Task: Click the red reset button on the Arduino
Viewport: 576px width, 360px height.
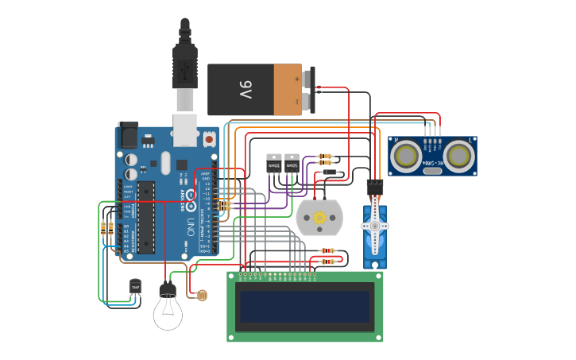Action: (x=209, y=138)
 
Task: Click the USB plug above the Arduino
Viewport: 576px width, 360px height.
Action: (x=184, y=68)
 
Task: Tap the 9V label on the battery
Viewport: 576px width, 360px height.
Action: (x=245, y=90)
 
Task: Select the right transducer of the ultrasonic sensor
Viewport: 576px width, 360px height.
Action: (x=459, y=155)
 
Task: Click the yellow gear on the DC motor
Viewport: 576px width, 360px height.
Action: (x=319, y=217)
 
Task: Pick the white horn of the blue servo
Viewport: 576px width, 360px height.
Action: (x=374, y=226)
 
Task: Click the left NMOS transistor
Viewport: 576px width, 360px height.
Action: (x=273, y=164)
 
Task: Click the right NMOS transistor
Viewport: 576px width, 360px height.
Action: (x=292, y=164)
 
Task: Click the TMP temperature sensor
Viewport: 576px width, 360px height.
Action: (x=135, y=287)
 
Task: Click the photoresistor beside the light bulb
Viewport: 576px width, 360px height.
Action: (x=202, y=296)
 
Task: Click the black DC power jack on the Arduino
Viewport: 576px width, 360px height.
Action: (x=127, y=136)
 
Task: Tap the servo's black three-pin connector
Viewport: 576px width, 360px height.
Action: (x=373, y=187)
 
